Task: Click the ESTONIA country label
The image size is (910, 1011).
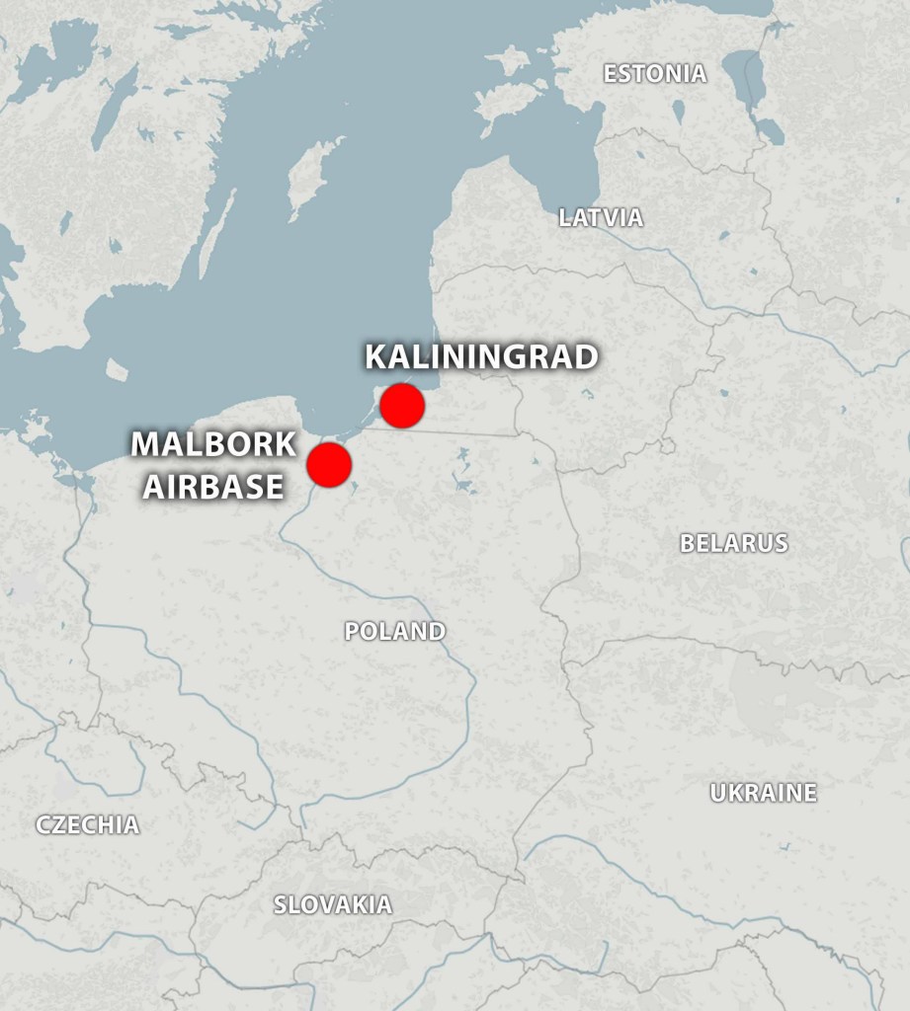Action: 655,74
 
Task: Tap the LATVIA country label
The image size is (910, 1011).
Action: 601,218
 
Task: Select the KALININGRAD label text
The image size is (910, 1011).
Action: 481,356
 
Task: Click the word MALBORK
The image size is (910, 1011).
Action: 213,445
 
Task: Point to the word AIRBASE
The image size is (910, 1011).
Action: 212,487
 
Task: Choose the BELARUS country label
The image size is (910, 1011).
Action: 733,543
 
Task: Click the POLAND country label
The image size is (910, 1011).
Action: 394,632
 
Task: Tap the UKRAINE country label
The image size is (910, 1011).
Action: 763,793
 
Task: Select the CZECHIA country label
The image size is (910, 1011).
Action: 88,825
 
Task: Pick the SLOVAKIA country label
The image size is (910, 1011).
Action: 332,904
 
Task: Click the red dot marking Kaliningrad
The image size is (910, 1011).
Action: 402,406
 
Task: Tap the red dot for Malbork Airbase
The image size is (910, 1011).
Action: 329,464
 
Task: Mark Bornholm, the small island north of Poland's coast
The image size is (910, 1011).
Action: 117,369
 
